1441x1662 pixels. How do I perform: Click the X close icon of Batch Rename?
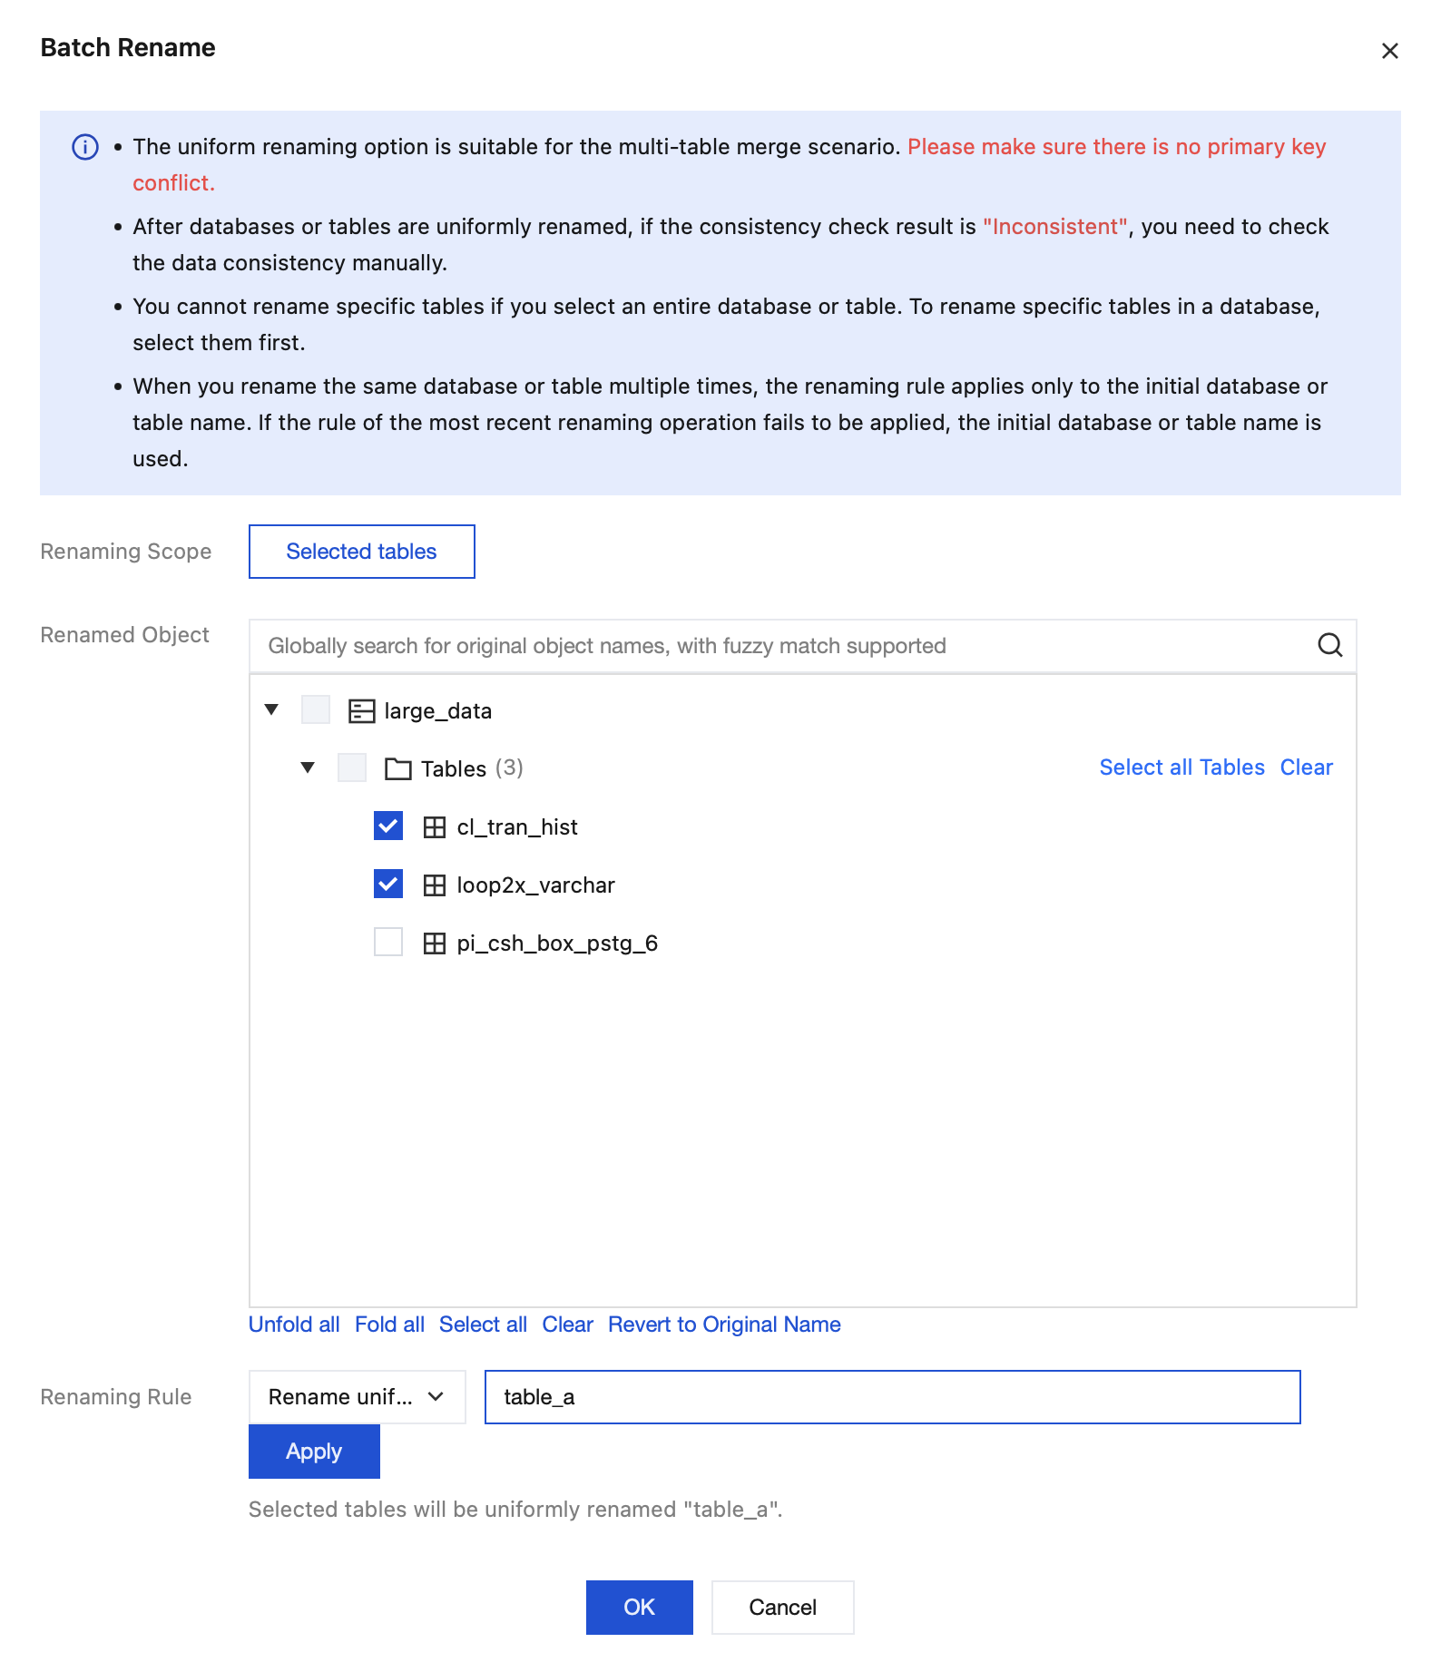pos(1389,51)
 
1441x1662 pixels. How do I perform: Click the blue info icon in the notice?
pos(85,147)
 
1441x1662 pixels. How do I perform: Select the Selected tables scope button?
pos(361,552)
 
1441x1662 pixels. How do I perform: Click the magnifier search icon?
pos(1329,645)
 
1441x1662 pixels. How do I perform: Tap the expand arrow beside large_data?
pos(271,709)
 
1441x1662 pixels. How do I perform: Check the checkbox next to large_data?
pos(316,709)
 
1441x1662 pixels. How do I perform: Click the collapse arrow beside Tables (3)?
pos(308,767)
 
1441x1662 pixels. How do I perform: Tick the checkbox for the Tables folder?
pos(352,767)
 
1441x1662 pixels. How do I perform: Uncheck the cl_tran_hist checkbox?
pos(388,826)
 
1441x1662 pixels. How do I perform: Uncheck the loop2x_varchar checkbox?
pos(388,884)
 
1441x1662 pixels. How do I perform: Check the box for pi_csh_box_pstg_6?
pos(388,942)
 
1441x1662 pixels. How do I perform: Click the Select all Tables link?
pos(1181,767)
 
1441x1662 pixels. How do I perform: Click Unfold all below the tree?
pos(294,1325)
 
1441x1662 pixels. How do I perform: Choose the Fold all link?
pos(389,1325)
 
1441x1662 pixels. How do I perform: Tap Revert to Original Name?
pos(724,1325)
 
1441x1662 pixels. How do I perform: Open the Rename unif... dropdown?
pos(357,1397)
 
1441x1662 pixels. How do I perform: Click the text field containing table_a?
pos(892,1397)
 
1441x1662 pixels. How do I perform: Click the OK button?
pos(639,1608)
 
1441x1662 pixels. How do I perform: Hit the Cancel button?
pos(782,1608)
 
